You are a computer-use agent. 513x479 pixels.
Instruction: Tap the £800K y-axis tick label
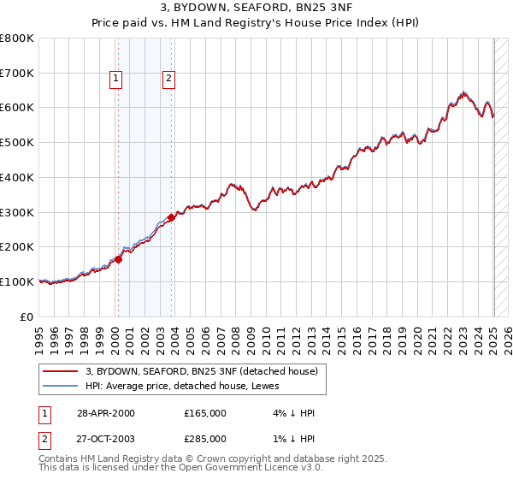click(17, 38)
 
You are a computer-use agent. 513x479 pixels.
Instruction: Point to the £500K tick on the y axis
click(17, 143)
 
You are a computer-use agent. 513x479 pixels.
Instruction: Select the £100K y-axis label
click(17, 281)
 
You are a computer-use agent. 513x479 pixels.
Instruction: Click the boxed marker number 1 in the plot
click(116, 80)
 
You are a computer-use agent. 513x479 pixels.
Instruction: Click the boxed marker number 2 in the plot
click(168, 80)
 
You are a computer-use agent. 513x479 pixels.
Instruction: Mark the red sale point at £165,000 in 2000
click(119, 259)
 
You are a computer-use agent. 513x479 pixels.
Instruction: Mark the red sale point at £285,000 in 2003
click(172, 217)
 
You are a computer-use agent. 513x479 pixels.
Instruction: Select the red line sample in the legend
click(62, 371)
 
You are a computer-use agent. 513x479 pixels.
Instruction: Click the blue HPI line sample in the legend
click(62, 386)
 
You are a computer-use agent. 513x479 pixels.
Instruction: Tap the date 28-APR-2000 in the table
click(105, 413)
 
